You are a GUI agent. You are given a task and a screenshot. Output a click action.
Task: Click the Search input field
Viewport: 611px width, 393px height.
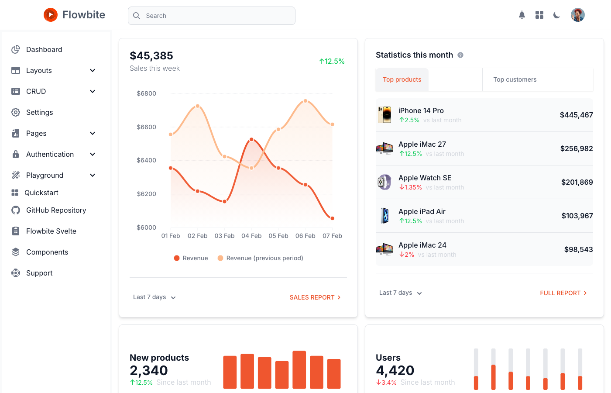(x=212, y=16)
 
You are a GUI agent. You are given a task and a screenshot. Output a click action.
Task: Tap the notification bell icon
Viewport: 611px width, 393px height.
(x=522, y=15)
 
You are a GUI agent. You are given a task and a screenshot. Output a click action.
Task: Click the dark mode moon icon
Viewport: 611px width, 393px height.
(x=556, y=15)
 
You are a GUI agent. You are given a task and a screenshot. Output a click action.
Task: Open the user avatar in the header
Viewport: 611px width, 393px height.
(x=577, y=15)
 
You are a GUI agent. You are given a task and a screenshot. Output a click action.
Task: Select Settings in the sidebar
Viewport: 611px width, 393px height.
(x=39, y=112)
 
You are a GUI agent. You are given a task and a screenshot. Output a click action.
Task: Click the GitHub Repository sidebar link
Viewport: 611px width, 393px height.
(x=56, y=210)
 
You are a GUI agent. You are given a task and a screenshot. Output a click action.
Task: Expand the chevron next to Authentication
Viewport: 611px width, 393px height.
(x=93, y=154)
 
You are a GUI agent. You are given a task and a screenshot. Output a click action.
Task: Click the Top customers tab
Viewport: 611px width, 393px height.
(x=515, y=79)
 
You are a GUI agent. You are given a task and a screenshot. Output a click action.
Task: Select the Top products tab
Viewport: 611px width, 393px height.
(x=402, y=79)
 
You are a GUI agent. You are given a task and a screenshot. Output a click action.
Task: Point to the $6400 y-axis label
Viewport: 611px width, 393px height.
(x=146, y=160)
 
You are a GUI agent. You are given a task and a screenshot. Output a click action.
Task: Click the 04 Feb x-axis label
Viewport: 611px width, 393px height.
(x=251, y=236)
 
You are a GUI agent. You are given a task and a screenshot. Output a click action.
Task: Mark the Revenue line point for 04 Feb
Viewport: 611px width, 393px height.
(x=252, y=140)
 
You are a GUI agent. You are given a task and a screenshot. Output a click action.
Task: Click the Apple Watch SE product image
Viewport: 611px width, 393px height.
(x=384, y=182)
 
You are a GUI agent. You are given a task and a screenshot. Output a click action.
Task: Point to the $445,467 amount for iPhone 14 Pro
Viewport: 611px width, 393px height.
(x=576, y=115)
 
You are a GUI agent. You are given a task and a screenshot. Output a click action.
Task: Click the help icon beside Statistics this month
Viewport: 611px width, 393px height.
(x=460, y=55)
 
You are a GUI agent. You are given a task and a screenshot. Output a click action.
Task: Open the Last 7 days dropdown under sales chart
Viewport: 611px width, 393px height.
(x=154, y=297)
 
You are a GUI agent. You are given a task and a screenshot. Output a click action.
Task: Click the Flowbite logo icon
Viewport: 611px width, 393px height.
(x=51, y=15)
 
